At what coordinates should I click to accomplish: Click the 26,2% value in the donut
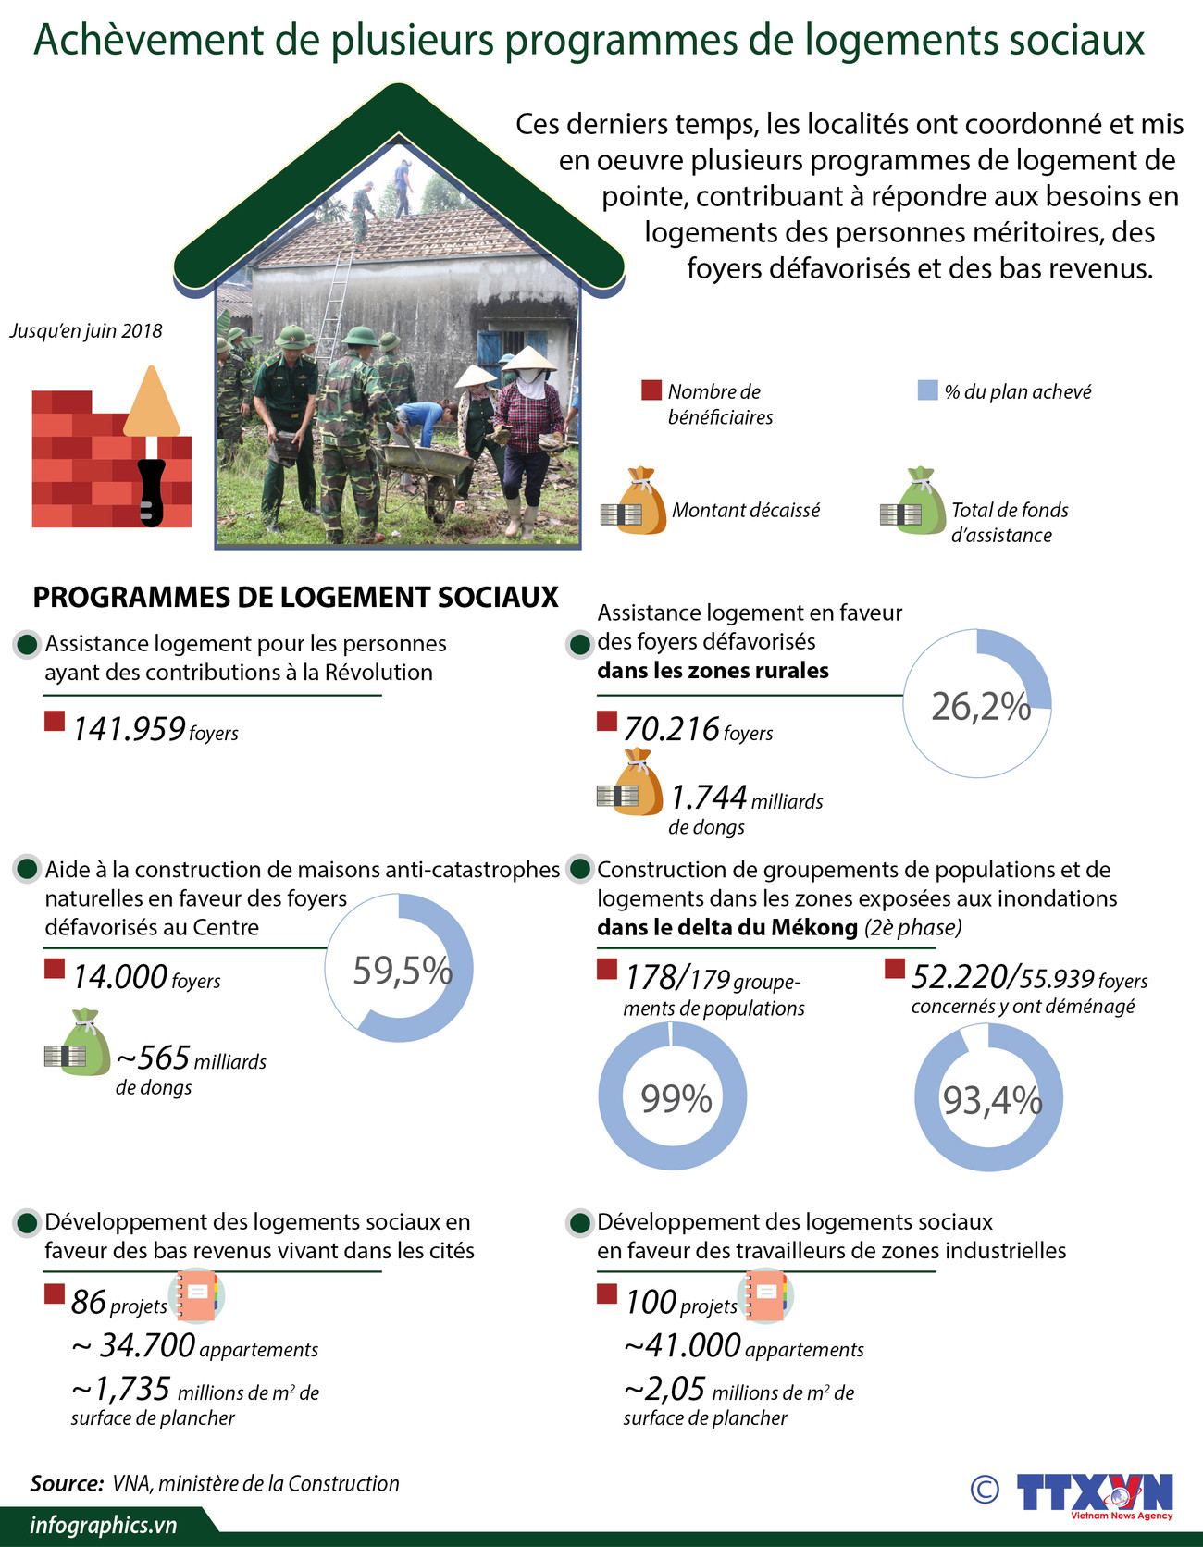coord(980,706)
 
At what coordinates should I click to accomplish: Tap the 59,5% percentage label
coord(402,971)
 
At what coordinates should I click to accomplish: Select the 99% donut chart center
coord(676,1098)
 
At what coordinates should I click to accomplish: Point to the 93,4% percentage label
coord(991,1100)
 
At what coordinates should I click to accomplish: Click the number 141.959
coord(130,729)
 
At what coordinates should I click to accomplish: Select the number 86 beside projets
coord(89,1302)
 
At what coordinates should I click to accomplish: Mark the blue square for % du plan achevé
coord(927,390)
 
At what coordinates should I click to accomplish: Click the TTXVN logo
coord(1094,1493)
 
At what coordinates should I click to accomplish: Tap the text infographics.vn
coord(103,1526)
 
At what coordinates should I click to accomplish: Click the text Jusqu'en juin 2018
coord(86,331)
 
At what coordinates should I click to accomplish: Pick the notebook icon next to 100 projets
coord(766,1296)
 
